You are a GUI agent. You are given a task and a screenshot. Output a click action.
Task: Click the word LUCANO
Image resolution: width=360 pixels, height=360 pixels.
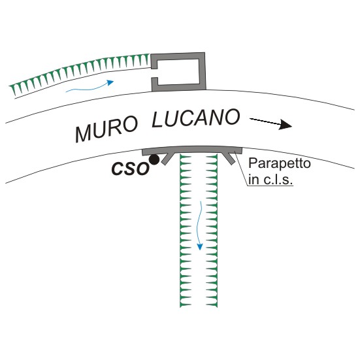tap(196, 118)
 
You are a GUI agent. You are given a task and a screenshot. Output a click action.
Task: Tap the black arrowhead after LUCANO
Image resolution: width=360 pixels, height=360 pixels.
tap(285, 125)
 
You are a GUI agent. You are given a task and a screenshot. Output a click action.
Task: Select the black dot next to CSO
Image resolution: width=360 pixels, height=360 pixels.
tap(154, 159)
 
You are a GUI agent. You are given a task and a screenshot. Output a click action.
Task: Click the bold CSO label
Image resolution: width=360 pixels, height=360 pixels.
tap(130, 169)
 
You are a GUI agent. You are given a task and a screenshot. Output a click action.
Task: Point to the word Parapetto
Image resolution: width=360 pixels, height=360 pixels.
tap(280, 163)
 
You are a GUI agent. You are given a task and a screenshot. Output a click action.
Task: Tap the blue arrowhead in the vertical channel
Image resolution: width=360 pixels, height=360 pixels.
tap(200, 246)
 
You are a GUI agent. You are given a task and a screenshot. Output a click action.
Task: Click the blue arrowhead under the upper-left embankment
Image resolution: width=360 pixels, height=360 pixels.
tap(110, 82)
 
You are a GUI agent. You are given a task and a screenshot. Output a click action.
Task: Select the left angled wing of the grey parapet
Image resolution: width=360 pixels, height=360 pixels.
tap(169, 158)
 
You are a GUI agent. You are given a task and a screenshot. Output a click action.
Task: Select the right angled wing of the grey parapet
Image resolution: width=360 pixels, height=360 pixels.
tap(228, 158)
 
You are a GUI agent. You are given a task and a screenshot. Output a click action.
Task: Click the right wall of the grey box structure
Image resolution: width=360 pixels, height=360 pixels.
tap(203, 71)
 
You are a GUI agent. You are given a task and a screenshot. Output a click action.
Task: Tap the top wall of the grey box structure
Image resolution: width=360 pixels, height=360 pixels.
tap(177, 56)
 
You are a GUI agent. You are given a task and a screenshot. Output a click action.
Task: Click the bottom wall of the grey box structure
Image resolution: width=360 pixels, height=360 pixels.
tap(178, 87)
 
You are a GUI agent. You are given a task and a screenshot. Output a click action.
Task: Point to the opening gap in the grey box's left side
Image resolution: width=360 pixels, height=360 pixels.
tap(154, 73)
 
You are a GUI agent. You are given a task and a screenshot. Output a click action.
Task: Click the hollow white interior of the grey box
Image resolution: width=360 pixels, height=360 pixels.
tap(178, 72)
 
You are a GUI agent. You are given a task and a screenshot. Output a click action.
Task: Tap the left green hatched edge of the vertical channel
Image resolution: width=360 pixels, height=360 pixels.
tap(186, 231)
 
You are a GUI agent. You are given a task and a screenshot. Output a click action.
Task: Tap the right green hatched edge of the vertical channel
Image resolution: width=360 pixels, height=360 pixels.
tap(212, 231)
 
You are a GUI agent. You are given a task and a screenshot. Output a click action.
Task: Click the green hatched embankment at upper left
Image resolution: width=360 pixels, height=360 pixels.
tap(79, 72)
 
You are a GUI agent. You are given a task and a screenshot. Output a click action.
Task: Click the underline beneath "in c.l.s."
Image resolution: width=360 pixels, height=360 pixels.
tap(270, 186)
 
